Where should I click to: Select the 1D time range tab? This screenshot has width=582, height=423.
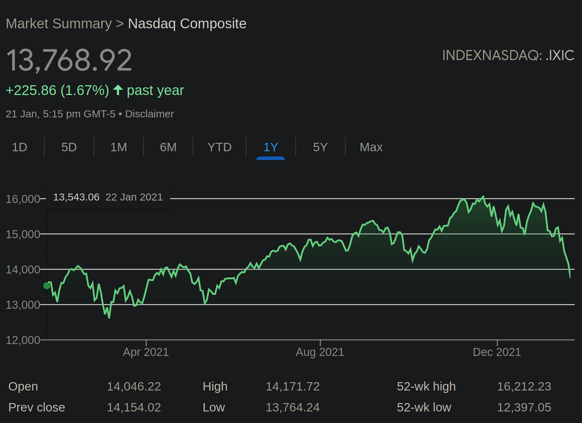click(20, 147)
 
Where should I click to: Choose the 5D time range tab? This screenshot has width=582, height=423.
click(69, 147)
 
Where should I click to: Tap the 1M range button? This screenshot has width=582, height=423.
click(118, 147)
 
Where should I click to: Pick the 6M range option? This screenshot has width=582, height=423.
click(168, 147)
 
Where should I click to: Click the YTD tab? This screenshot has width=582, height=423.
click(219, 147)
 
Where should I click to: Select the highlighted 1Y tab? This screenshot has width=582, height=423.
click(271, 147)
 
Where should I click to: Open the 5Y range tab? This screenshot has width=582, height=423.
click(320, 147)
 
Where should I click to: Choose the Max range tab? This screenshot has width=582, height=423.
click(371, 147)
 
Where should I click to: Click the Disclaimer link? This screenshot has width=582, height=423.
click(149, 114)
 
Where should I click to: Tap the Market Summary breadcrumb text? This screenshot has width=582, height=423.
click(59, 24)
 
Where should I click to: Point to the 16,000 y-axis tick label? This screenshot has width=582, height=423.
click(23, 199)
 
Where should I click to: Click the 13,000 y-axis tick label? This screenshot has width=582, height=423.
click(23, 305)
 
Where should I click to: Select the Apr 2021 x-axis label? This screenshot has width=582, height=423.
click(146, 352)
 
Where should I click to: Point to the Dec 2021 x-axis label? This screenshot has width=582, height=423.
click(497, 352)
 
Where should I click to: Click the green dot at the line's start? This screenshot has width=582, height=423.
click(47, 286)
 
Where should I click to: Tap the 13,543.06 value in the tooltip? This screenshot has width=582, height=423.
click(76, 197)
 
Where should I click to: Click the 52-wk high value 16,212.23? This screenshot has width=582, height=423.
click(524, 386)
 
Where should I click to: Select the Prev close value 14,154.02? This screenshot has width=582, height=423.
click(134, 407)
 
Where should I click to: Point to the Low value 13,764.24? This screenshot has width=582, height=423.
click(293, 407)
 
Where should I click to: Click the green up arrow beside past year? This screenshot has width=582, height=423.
click(118, 90)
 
